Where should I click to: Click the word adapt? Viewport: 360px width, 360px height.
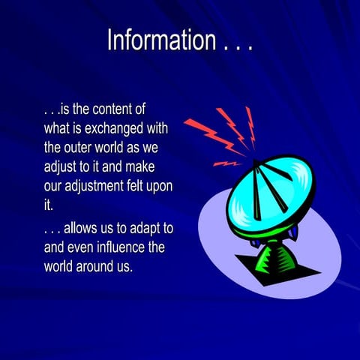145,229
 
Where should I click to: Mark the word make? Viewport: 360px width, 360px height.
147,166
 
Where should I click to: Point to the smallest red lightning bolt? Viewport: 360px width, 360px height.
224,163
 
